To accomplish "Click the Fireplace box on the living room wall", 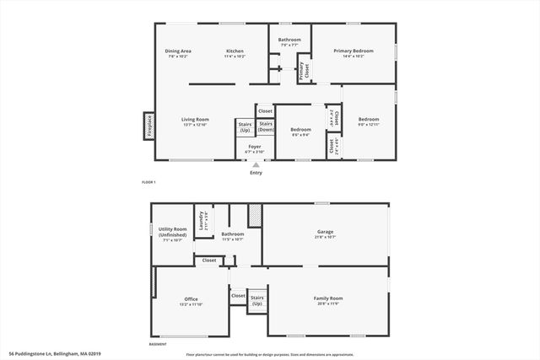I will click(149, 126).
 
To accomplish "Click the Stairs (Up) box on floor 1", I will click(245, 128).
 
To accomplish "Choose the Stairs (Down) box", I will click(265, 128).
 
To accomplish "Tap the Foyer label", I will click(254, 148).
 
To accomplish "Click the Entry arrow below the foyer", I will click(256, 165).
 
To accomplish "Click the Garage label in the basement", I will click(326, 233).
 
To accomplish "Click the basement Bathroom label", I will click(233, 236).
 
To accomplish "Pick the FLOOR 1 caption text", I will click(148, 182).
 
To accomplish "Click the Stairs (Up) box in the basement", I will click(256, 300).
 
